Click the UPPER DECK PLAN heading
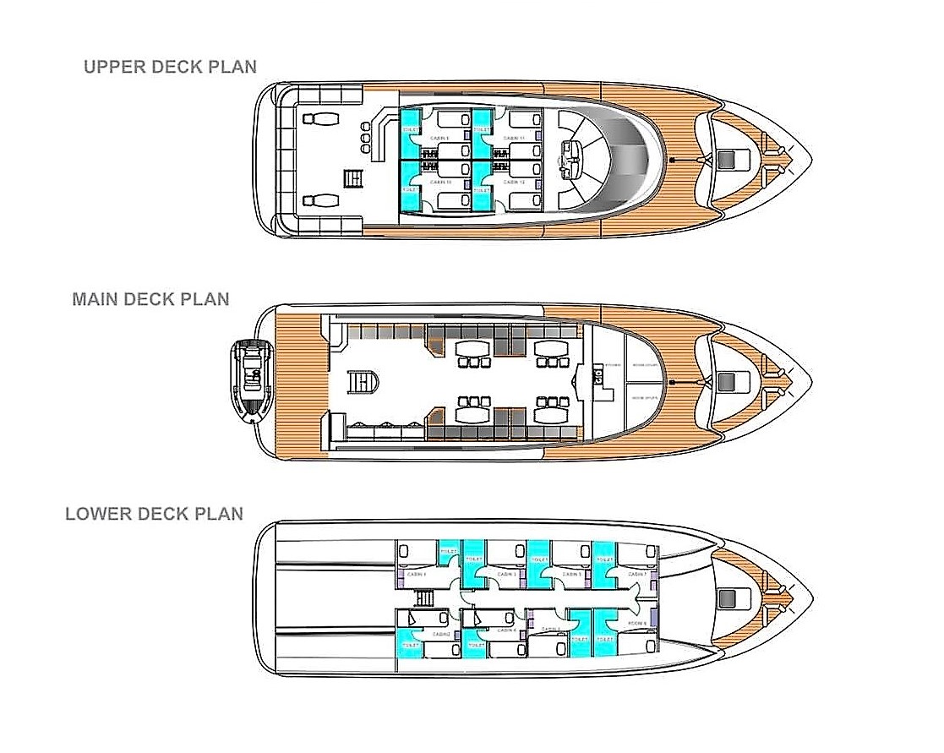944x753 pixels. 170,67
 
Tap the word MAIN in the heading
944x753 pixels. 95,299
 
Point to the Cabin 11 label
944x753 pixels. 514,138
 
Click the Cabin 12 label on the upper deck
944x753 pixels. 514,182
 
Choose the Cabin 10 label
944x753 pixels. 440,182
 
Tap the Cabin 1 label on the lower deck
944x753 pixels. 417,574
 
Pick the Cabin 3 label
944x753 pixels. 507,574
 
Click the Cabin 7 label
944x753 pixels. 637,574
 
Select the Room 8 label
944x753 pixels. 637,624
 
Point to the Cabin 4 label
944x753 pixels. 507,630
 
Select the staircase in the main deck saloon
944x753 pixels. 361,382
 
